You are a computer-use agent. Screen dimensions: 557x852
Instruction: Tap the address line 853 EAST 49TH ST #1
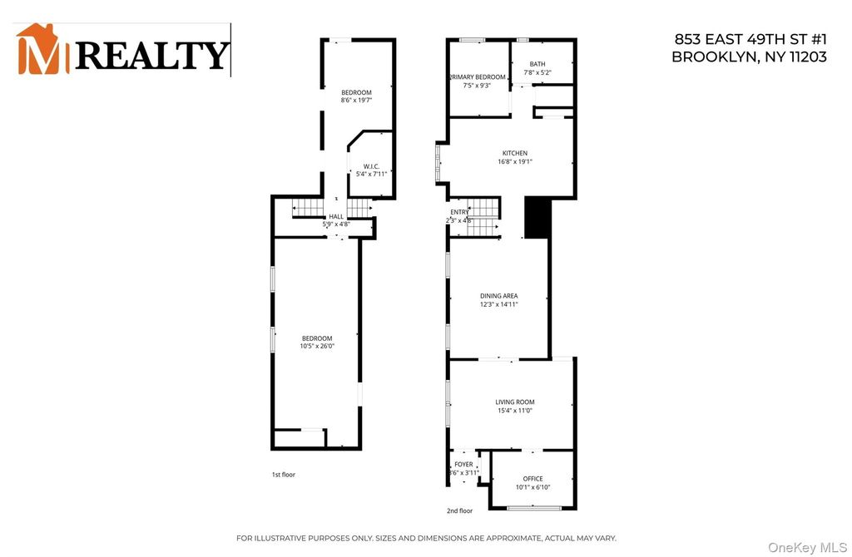(x=748, y=41)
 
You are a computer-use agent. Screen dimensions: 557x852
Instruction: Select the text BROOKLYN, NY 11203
(x=749, y=57)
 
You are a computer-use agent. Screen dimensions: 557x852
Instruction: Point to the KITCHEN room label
(x=514, y=154)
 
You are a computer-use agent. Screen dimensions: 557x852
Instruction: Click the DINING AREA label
(x=499, y=296)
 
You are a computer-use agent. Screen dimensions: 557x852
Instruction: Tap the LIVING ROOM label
(x=514, y=402)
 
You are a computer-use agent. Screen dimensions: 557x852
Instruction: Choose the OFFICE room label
(x=532, y=479)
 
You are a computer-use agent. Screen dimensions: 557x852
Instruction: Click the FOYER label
(x=463, y=465)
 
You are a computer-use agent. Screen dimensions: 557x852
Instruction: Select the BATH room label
(x=537, y=64)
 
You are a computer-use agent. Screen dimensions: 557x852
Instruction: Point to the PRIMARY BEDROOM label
(x=470, y=76)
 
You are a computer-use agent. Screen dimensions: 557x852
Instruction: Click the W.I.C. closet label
(x=371, y=166)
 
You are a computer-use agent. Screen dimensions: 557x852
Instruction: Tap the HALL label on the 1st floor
(x=336, y=216)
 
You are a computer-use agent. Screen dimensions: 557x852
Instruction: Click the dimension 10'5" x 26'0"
(x=316, y=346)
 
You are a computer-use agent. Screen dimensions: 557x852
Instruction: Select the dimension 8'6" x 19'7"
(x=356, y=101)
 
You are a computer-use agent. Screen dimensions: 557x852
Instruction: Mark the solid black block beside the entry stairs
(x=537, y=218)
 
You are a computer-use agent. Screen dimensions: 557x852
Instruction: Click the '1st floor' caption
(x=283, y=475)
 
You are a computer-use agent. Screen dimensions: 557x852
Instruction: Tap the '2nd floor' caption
(x=460, y=510)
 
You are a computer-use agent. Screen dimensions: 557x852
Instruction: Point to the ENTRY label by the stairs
(x=459, y=213)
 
